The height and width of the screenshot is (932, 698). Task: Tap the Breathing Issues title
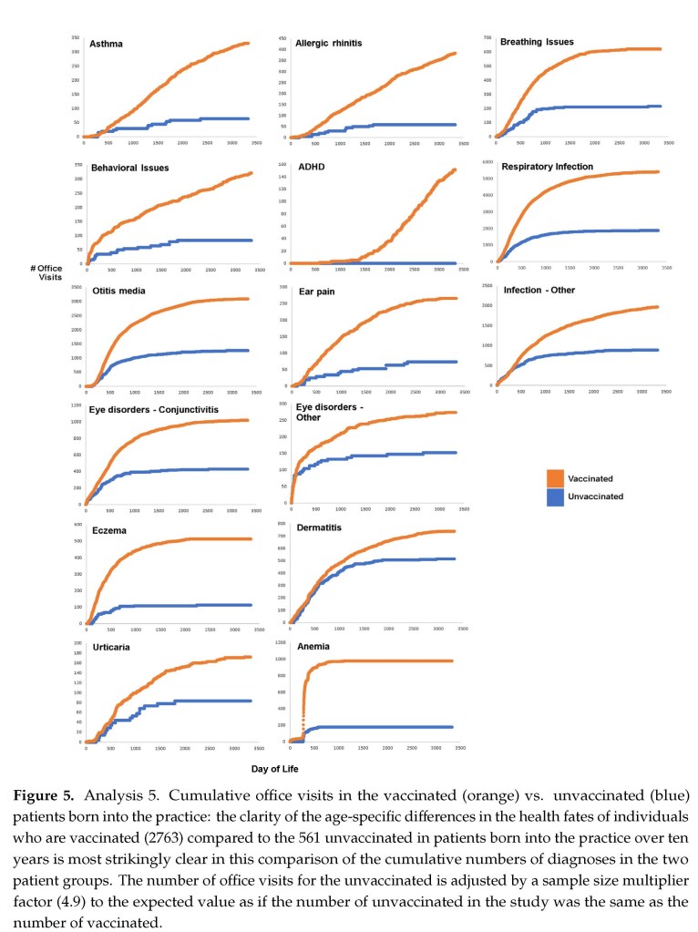[537, 42]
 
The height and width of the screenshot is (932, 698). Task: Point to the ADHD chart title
[311, 167]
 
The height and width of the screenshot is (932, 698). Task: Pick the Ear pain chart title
[315, 292]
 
